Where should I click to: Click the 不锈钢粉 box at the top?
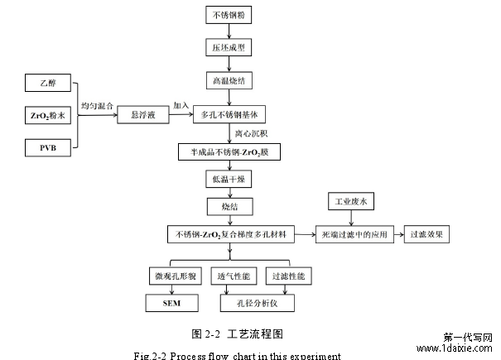tap(227, 15)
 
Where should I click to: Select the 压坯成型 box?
tap(227, 49)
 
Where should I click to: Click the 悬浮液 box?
tap(138, 116)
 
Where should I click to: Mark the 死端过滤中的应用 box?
tap(354, 234)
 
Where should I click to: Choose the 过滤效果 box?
tap(427, 234)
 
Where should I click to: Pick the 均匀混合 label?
tap(97, 106)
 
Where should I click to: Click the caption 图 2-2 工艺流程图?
tap(238, 334)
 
